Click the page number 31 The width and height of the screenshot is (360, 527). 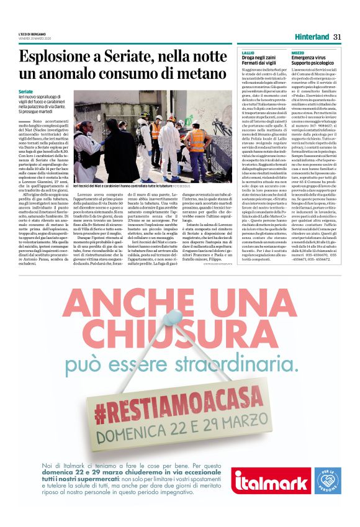coord(338,37)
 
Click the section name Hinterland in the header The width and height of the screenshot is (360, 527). coord(312,37)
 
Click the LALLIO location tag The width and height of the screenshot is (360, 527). coord(248,54)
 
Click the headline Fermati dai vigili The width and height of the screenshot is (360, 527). coord(261,64)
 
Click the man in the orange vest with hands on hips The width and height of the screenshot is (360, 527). coord(197,143)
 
